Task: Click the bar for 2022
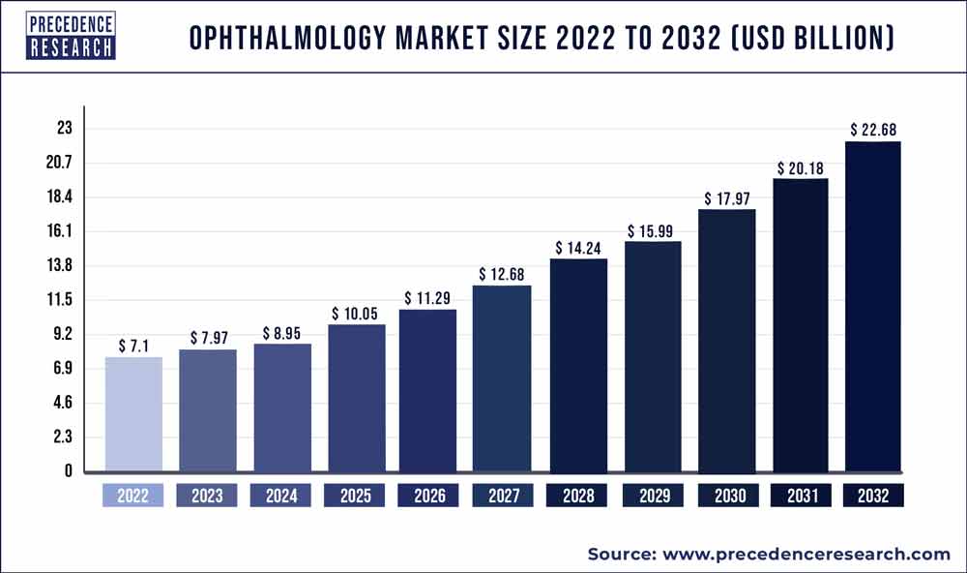(x=133, y=414)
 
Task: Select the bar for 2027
(x=502, y=378)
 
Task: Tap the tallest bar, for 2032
(x=873, y=307)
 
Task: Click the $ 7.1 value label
(x=133, y=346)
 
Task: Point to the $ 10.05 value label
(x=356, y=314)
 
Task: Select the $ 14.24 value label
(x=578, y=248)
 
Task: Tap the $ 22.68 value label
(x=873, y=130)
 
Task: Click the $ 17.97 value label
(x=726, y=198)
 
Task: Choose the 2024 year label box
(x=280, y=496)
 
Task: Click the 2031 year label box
(x=800, y=496)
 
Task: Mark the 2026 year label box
(x=428, y=496)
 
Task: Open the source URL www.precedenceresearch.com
(x=806, y=554)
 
